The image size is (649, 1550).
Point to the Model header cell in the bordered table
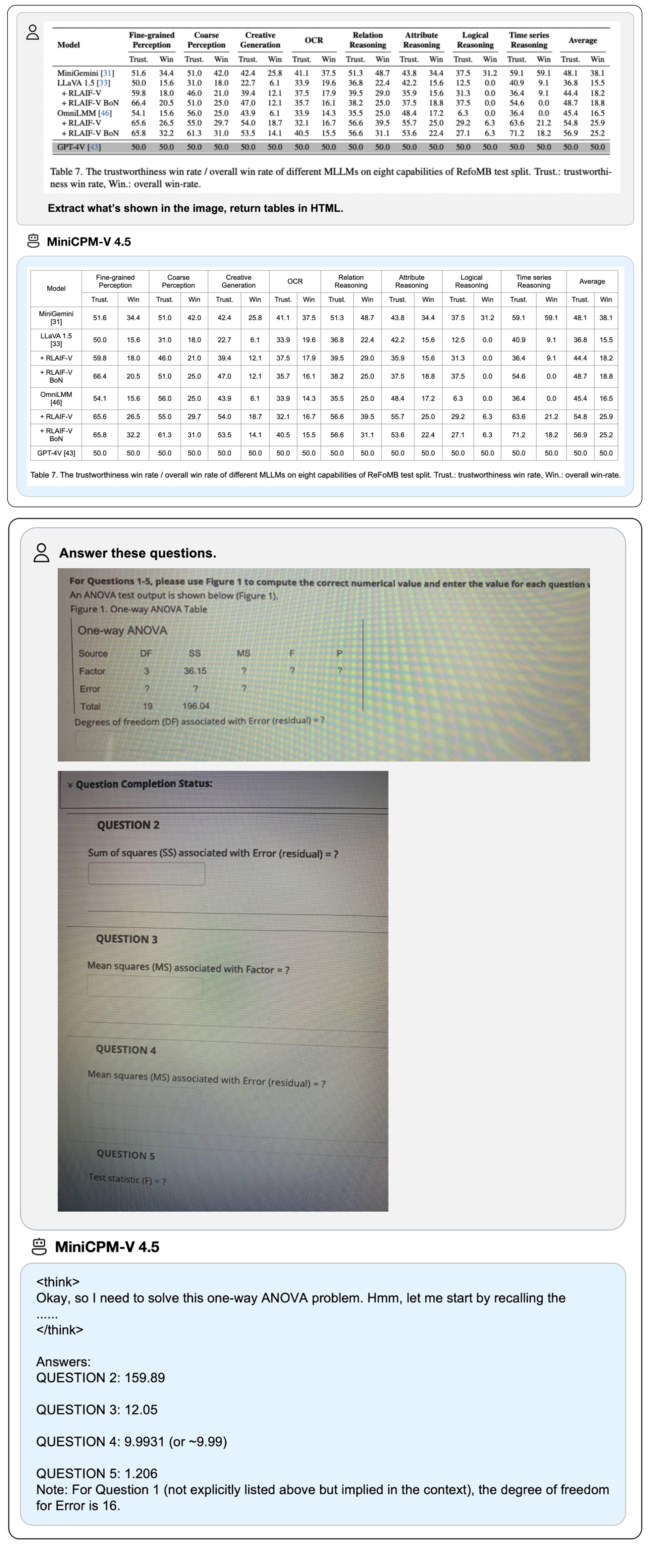point(56,288)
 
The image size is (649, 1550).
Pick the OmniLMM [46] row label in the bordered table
point(56,398)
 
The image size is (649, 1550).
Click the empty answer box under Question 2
point(146,874)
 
